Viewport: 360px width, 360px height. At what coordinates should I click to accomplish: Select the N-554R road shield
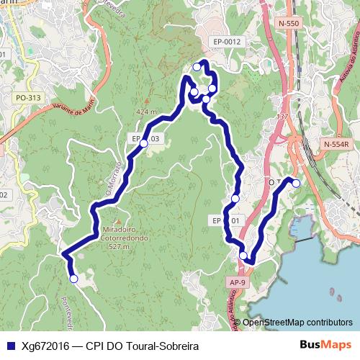tap(336, 144)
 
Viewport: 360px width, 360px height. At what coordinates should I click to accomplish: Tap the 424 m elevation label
tap(145, 112)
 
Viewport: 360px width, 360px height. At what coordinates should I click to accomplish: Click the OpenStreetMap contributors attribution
tap(297, 323)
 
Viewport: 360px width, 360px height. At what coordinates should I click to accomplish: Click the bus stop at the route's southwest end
tap(73, 279)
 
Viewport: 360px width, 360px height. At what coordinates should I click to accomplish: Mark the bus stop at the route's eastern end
tap(295, 183)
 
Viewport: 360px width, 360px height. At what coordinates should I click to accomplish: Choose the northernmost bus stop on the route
tap(197, 67)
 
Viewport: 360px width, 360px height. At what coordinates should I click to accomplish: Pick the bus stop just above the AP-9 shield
tap(243, 255)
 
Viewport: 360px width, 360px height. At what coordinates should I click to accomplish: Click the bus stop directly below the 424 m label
tap(143, 144)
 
